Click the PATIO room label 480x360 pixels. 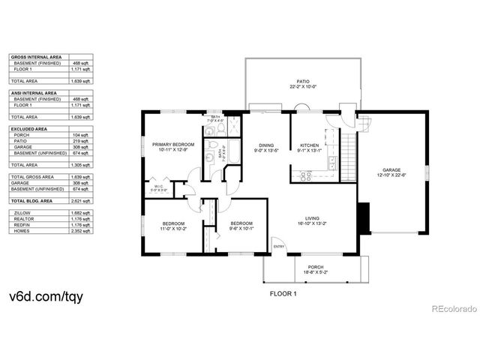[x=302, y=80]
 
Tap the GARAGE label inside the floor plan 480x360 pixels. [x=391, y=170]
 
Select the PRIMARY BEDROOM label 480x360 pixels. [x=173, y=144]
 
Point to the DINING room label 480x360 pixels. [x=266, y=145]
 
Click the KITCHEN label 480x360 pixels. [x=310, y=145]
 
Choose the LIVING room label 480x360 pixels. [x=322, y=218]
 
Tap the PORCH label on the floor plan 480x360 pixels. [x=314, y=266]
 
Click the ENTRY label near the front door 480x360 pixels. [x=278, y=247]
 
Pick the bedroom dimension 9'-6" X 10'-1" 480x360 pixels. [x=241, y=228]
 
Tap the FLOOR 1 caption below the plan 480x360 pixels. [x=283, y=294]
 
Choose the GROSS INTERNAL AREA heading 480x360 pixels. [x=35, y=56]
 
